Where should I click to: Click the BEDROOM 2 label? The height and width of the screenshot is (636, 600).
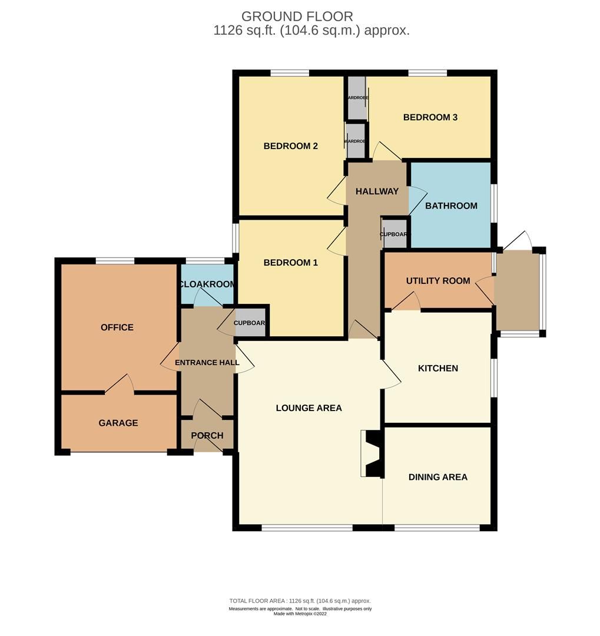tap(290, 146)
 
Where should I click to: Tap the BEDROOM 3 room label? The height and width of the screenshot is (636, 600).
tap(430, 117)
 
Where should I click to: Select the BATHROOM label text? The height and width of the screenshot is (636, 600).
tap(451, 206)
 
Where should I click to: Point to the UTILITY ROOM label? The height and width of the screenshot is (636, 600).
tap(438, 280)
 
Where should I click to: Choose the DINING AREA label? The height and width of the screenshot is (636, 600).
tap(437, 477)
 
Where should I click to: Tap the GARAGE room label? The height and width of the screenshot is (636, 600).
tap(118, 423)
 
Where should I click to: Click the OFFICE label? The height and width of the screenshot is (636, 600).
tap(117, 327)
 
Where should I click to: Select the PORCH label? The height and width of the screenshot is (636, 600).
tap(207, 436)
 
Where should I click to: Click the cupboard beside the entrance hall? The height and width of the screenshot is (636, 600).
tap(250, 323)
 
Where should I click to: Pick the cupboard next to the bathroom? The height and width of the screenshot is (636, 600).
tap(395, 234)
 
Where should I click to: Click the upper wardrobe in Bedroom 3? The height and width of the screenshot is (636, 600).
tap(356, 98)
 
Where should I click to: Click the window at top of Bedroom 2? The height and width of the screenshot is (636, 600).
tap(290, 73)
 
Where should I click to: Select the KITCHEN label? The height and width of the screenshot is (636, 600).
tap(437, 369)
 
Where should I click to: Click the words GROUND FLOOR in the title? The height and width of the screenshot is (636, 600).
tap(297, 16)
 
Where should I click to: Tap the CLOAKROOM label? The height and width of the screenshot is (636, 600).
tap(207, 284)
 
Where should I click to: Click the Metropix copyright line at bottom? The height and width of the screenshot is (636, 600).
tap(300, 614)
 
